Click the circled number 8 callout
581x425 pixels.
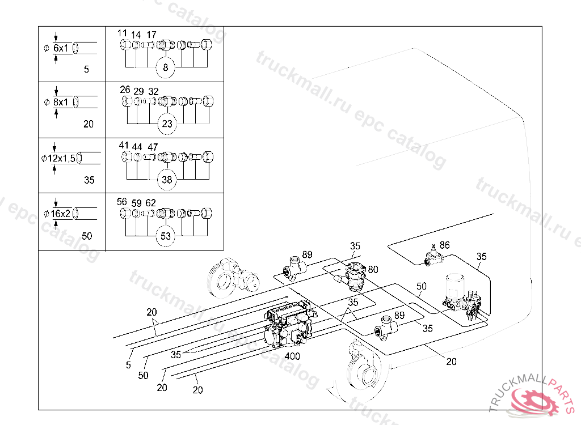click(x=165, y=67)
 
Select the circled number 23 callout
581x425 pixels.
click(x=167, y=124)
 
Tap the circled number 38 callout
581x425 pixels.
click(x=167, y=180)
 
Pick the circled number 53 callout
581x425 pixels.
click(x=166, y=236)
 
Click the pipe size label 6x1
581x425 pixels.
click(x=61, y=48)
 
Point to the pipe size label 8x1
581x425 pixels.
click(x=61, y=102)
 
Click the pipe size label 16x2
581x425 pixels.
click(x=60, y=214)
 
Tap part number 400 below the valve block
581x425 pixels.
click(x=292, y=356)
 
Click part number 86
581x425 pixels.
click(x=445, y=245)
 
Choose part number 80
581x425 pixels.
click(x=373, y=270)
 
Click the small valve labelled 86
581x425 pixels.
click(x=433, y=257)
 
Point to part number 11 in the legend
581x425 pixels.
click(x=123, y=33)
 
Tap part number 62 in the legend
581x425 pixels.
click(x=151, y=203)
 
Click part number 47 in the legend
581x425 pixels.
click(x=153, y=147)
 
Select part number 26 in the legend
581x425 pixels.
click(x=125, y=90)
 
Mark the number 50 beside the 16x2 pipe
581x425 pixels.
click(x=87, y=236)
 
